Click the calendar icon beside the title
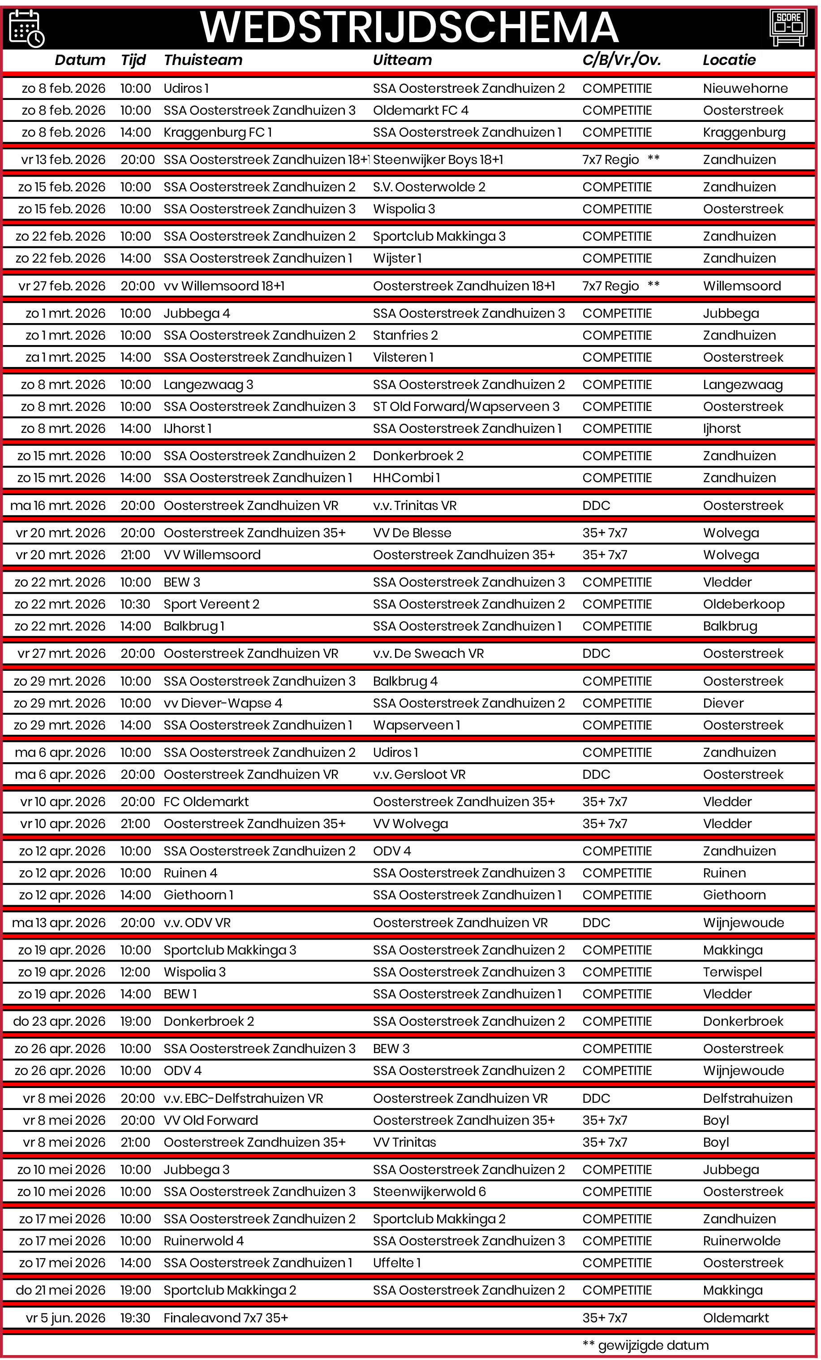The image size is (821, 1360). click(26, 28)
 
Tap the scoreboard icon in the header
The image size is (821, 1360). click(788, 27)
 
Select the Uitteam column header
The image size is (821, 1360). click(402, 60)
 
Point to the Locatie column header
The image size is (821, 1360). click(729, 60)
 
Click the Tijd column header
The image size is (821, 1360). click(133, 60)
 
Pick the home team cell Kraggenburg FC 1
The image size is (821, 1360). click(217, 133)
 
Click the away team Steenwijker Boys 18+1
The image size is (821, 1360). click(438, 160)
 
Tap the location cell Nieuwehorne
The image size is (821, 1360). click(745, 88)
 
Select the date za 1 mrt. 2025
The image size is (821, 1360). click(65, 358)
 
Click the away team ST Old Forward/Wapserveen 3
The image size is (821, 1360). click(466, 407)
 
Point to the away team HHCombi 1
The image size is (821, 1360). click(406, 478)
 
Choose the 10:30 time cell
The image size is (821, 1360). click(135, 604)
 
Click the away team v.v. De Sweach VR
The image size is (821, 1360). click(428, 653)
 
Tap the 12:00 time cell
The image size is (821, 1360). click(135, 972)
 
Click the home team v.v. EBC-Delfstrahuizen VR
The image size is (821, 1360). click(243, 1098)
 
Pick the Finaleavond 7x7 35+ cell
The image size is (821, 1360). click(226, 1318)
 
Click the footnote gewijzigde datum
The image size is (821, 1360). click(652, 1345)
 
